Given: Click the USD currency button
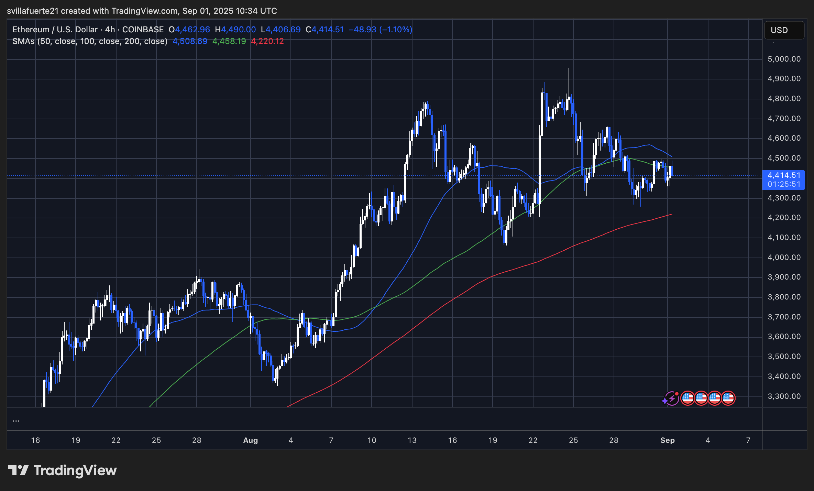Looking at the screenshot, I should pos(784,30).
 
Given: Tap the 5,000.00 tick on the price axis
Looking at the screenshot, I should pos(784,59).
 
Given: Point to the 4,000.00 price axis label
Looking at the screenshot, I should pos(784,258).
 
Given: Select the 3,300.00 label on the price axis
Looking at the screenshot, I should pos(784,396).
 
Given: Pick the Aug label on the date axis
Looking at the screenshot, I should pos(250,440).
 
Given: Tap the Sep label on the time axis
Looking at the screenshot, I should pos(667,440).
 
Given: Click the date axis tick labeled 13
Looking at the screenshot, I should pos(412,440).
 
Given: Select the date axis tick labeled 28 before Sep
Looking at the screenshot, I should pos(614,440).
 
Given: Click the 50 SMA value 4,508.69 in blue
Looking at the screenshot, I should pos(190,42).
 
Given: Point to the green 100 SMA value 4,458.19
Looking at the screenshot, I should pos(229,42).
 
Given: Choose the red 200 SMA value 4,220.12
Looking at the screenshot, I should pos(267,42).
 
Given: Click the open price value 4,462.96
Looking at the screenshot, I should pos(192,30).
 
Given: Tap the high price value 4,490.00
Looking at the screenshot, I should pos(238,30).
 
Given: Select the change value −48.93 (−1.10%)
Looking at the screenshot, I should pos(380,30).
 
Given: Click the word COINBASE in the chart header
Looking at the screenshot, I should pos(143,30).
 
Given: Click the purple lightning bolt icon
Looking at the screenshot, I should pos(671,399).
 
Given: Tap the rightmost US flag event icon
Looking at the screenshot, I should pos(728,399).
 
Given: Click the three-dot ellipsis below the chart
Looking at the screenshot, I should pos(16,420).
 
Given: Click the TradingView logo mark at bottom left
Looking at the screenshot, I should pos(18,470).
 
